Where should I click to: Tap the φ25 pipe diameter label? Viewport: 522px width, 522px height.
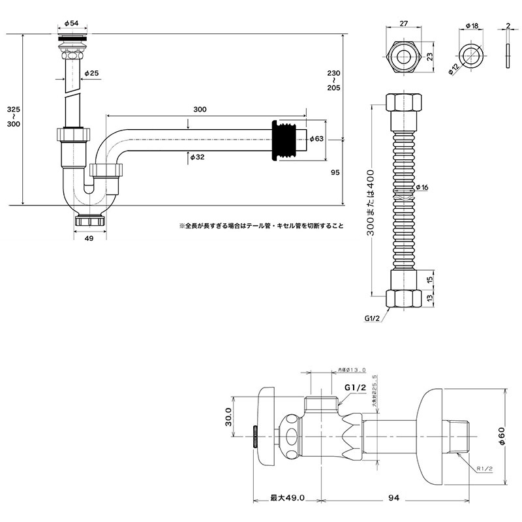click(x=91, y=74)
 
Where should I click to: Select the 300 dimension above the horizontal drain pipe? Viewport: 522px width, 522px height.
click(x=200, y=109)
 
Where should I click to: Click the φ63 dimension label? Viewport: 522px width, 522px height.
click(x=316, y=138)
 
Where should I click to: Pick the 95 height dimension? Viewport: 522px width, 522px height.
click(x=335, y=172)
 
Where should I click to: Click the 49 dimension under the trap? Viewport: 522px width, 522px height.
click(x=89, y=239)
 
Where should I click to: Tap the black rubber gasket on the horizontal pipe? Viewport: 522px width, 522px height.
click(x=281, y=138)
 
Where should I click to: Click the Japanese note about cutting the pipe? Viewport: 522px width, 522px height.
click(x=261, y=226)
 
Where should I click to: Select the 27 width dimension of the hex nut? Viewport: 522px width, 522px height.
click(x=404, y=23)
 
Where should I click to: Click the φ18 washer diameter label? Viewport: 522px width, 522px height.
click(x=472, y=25)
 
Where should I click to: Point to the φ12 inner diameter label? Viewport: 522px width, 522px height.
click(x=454, y=69)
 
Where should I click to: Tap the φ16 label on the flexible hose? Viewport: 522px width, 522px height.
click(x=422, y=188)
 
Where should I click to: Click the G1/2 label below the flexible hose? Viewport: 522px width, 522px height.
click(x=373, y=319)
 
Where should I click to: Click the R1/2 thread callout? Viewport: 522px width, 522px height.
click(x=484, y=468)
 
